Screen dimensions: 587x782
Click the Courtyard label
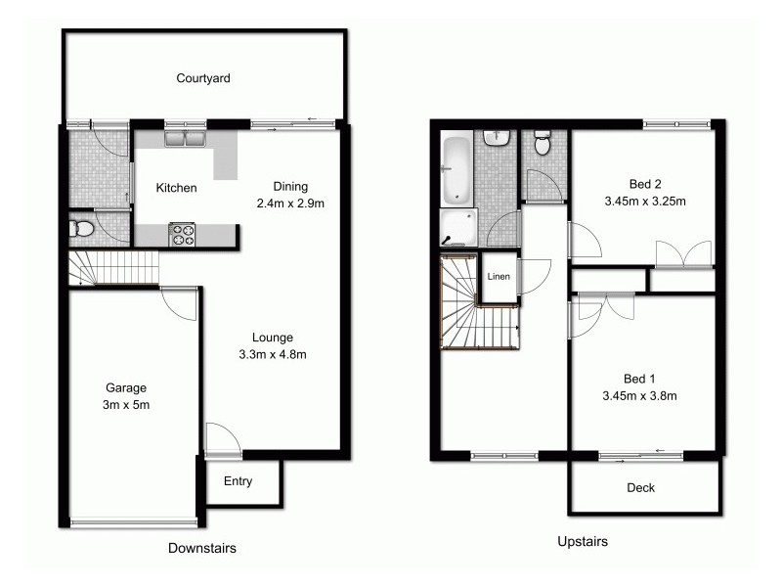point(203,78)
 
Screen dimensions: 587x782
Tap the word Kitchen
point(177,188)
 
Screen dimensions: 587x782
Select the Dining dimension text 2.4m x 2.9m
point(290,203)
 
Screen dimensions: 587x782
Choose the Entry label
point(238,481)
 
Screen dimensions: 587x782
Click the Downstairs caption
point(202,549)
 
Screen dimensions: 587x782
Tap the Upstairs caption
point(583,541)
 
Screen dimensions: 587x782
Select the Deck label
point(640,487)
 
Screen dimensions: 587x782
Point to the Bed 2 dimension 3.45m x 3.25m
point(644,203)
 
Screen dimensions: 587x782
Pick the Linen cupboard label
point(497,277)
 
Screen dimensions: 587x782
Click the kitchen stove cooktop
point(183,234)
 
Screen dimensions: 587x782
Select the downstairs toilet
point(82,230)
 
